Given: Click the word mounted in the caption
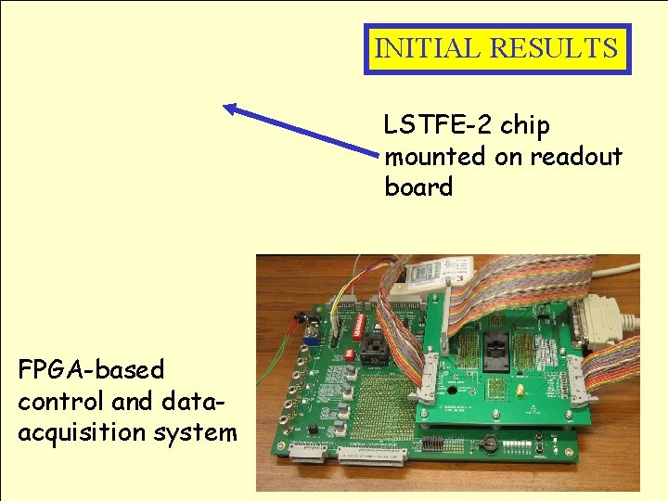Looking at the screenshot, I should (x=436, y=156).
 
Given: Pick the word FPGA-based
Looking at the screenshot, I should (x=91, y=369).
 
